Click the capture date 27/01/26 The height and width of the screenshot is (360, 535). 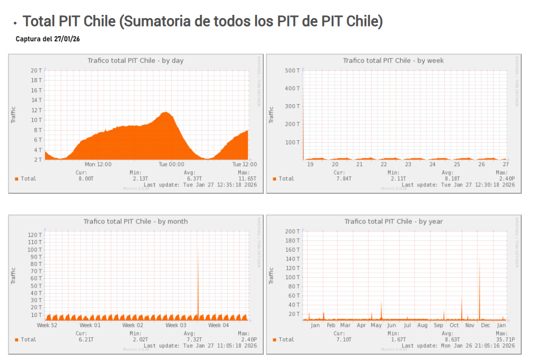click(67, 39)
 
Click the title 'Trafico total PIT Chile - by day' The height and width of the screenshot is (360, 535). click(135, 61)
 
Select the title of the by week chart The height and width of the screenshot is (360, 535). click(393, 61)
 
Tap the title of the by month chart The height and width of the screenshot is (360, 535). click(135, 221)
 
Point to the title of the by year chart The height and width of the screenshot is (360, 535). click(393, 221)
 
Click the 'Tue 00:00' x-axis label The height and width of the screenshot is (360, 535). click(171, 165)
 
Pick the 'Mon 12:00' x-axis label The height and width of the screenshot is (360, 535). click(98, 165)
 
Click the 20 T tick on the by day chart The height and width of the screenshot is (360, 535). click(36, 70)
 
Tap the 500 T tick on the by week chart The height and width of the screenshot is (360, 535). click(292, 70)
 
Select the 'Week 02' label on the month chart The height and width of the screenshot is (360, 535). click(133, 325)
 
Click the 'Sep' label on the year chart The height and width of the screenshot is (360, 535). click(438, 325)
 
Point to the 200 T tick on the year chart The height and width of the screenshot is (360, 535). click(292, 232)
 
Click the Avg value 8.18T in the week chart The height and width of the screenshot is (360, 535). click(447, 179)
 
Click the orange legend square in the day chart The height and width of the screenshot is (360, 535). click(16, 179)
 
